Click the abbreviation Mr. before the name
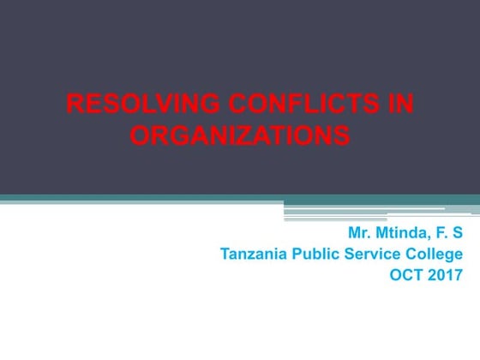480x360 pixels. tap(360, 233)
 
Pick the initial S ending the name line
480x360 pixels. tap(458, 233)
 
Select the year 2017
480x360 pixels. tap(444, 275)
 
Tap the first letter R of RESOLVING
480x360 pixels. tap(74, 105)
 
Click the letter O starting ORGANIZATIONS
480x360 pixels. tap(139, 135)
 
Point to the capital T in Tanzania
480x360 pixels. tap(225, 254)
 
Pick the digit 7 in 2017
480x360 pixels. tap(457, 275)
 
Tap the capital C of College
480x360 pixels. tap(411, 254)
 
